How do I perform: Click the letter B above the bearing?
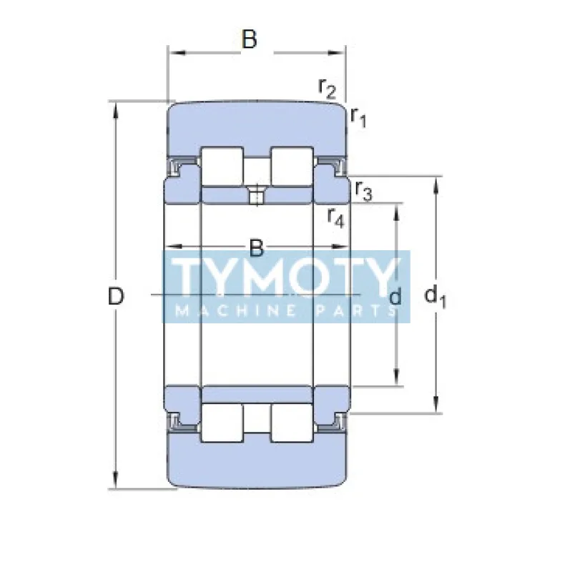click(249, 40)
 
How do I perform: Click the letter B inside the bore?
click(257, 249)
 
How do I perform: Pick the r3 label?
click(363, 192)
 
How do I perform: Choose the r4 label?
click(335, 217)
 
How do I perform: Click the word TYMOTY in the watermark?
click(286, 278)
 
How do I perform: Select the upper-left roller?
click(222, 165)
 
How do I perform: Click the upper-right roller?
click(292, 165)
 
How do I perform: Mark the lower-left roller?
click(222, 423)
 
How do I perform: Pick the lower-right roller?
click(292, 423)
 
